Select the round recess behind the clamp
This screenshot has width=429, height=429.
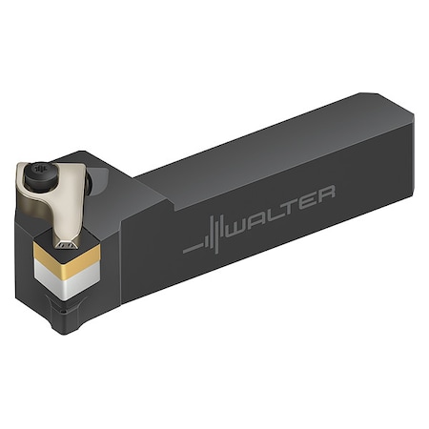pos(95,177)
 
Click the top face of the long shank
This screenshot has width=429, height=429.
pos(276,143)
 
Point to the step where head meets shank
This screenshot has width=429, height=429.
pos(143,191)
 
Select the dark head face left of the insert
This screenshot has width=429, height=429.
pos(27,257)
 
